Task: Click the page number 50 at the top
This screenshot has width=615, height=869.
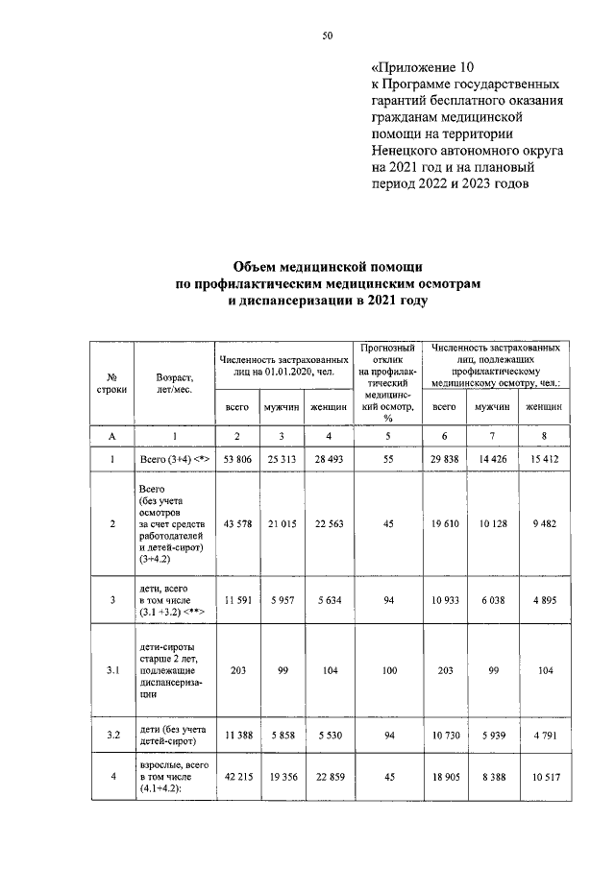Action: [328, 36]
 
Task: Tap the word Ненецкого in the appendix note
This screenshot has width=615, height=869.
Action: [407, 151]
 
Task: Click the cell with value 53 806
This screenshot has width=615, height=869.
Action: [237, 460]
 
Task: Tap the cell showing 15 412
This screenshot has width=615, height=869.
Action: [544, 460]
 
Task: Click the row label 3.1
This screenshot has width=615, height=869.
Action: [112, 671]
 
